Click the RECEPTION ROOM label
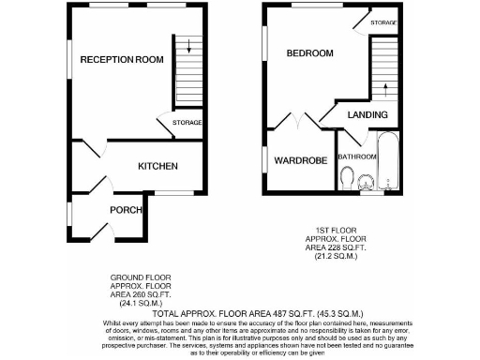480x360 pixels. click(122, 60)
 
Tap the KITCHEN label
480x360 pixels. click(157, 166)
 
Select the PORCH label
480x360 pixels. click(125, 209)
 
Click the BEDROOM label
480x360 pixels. click(310, 53)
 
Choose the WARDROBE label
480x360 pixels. click(300, 160)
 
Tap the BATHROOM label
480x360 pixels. click(357, 157)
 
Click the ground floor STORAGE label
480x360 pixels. click(187, 123)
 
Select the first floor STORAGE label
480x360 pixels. click(382, 22)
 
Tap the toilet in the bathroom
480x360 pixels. click(348, 177)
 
